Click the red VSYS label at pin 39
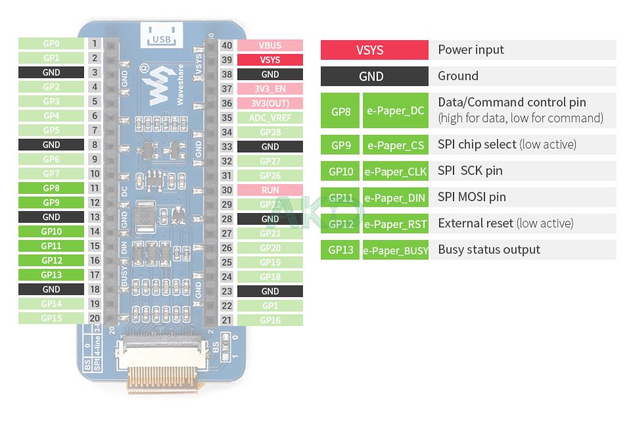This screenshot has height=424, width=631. pos(269,60)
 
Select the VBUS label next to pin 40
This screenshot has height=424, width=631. pos(269,45)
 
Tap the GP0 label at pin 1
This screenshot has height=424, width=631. pos(51,43)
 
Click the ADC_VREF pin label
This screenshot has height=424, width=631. pos(269,118)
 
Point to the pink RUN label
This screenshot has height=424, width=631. pos(269,190)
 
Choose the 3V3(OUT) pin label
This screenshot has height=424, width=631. pos(269,103)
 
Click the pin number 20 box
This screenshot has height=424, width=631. pos(95,318)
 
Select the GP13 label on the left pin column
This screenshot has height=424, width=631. pos(51,275)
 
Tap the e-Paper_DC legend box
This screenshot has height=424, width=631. pos(395,110)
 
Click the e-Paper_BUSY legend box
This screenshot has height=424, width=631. pos(395,250)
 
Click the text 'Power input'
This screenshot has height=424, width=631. pos(471,50)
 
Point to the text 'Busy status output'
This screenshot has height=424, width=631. pos(489,250)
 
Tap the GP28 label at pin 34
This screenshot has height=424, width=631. pos(269,132)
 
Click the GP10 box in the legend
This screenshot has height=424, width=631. pos(340,171)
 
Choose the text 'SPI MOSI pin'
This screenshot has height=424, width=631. pos(471,197)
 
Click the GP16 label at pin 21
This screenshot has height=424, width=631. pos(269,320)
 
